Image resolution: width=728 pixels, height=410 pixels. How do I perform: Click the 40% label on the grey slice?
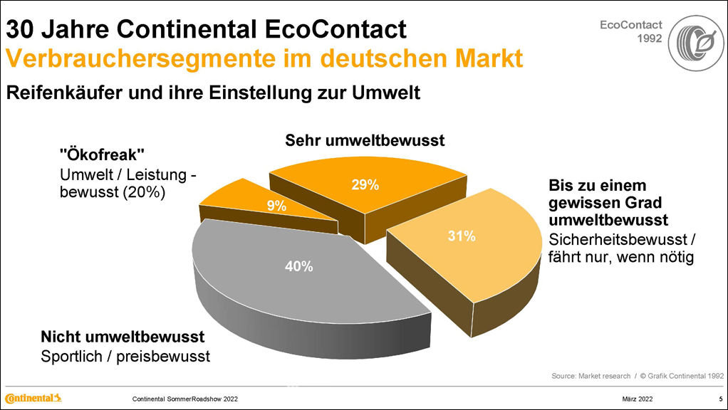pyautogui.click(x=298, y=267)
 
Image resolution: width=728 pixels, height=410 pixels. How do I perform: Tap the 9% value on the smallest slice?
pyautogui.click(x=276, y=206)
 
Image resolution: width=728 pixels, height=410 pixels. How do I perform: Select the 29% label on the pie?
pyautogui.click(x=365, y=185)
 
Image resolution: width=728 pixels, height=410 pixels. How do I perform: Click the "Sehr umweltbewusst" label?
pyautogui.click(x=365, y=141)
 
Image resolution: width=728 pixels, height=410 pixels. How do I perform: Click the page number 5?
pyautogui.click(x=719, y=398)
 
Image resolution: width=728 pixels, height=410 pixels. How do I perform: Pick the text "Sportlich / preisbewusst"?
pyautogui.click(x=125, y=356)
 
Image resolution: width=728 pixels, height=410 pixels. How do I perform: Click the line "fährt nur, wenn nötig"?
pyautogui.click(x=620, y=257)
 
